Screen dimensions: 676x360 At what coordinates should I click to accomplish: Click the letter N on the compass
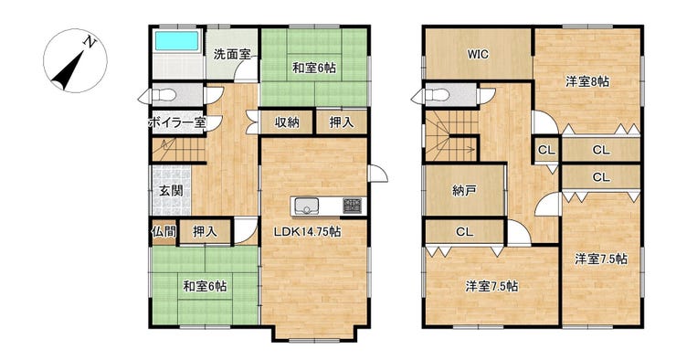coord(90,42)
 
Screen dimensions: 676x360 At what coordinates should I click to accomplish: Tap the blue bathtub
coord(177,41)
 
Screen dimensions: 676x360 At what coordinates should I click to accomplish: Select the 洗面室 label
coord(232,54)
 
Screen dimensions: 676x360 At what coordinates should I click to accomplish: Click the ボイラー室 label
coord(176,122)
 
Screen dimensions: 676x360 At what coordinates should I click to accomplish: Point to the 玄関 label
coord(171,190)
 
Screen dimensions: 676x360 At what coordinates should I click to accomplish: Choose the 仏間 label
coord(164,231)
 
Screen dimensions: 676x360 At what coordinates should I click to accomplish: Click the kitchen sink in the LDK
coord(306,206)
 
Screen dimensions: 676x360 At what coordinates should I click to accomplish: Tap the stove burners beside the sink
coord(353,206)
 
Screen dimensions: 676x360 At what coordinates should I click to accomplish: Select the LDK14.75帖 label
coord(307,232)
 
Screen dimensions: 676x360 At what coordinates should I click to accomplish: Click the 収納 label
coord(287,122)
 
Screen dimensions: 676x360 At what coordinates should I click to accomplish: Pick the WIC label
coord(478,54)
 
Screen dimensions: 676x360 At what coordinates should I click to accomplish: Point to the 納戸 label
coord(464,190)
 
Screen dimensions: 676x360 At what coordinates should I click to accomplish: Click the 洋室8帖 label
coord(587,81)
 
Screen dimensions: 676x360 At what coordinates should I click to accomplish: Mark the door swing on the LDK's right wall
coord(378,174)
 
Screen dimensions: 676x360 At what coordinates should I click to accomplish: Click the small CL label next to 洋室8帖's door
coord(546,151)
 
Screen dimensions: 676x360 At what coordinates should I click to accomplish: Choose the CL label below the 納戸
coord(464,232)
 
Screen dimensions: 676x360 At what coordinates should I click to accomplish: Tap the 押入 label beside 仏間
coord(205,231)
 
